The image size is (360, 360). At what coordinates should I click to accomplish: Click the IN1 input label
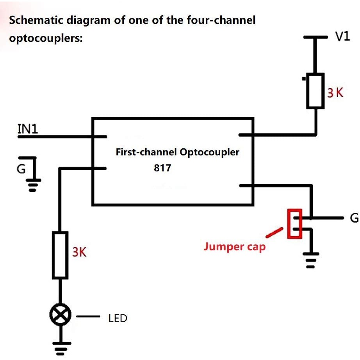point(28,128)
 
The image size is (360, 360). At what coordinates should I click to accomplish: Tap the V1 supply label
point(343,37)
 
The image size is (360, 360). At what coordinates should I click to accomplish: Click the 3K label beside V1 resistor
point(335,93)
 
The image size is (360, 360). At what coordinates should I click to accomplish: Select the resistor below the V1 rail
point(315,91)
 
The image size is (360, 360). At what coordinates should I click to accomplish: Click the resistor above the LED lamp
point(60,255)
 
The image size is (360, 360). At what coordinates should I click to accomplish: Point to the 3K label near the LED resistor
point(79,252)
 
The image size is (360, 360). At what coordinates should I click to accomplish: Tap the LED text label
point(118,319)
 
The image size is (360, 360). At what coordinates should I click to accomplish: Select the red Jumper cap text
point(234,247)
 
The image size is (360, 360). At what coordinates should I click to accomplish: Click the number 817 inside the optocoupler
point(162,168)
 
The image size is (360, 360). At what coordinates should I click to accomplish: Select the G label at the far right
point(354,219)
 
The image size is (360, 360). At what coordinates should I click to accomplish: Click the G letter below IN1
point(21,169)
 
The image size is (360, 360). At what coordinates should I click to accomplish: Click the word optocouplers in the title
point(45,39)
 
